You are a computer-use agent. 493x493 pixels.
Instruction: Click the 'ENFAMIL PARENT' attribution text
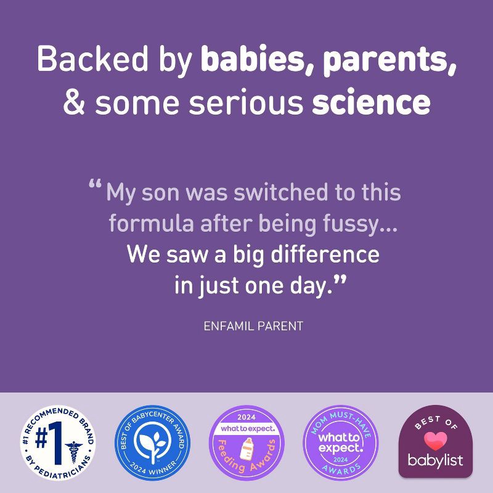pyautogui.click(x=253, y=326)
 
